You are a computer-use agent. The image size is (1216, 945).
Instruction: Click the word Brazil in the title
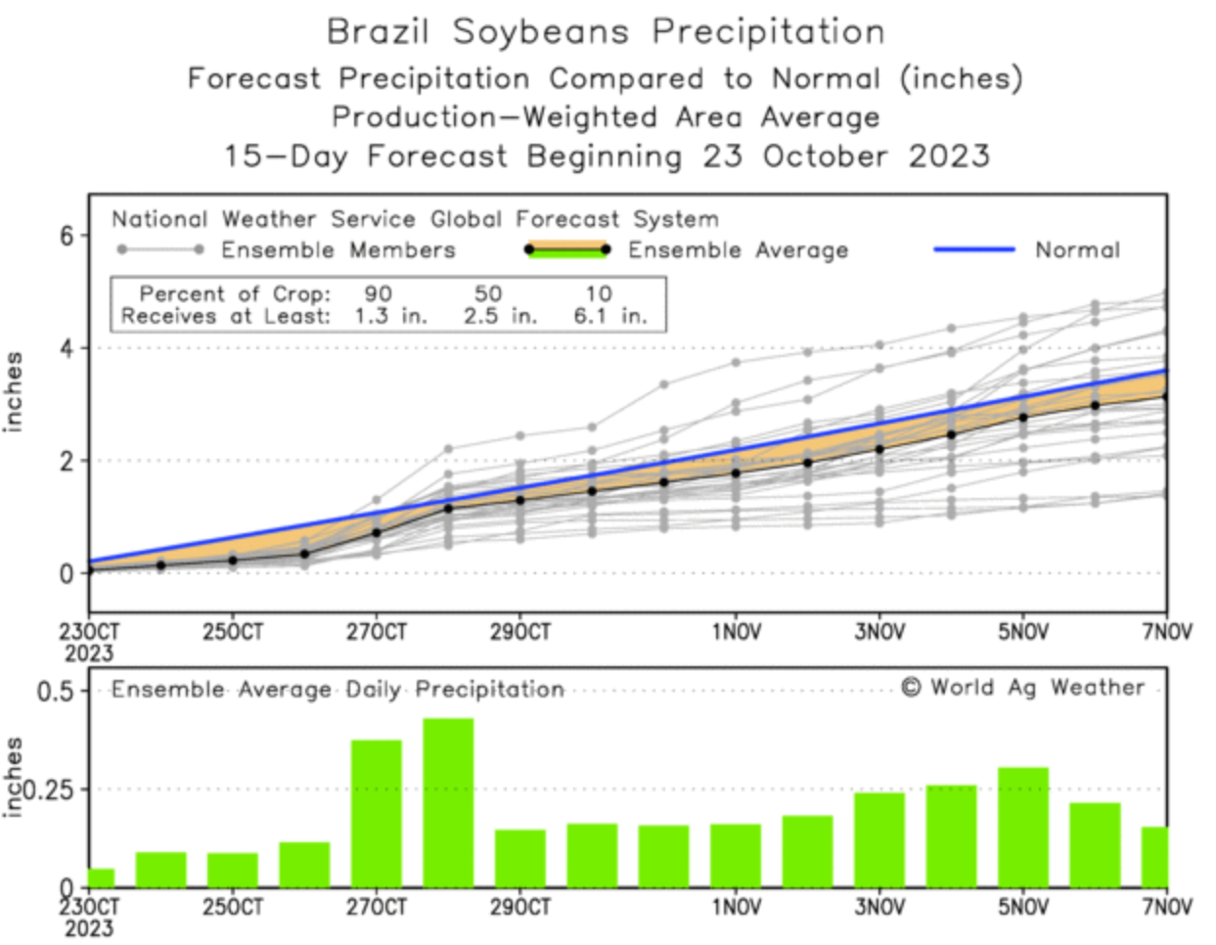[378, 31]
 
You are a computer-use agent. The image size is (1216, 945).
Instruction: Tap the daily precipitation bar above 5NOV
[1022, 827]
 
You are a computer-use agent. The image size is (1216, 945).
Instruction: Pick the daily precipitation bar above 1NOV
[736, 855]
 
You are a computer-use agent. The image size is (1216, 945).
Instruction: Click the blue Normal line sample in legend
[973, 249]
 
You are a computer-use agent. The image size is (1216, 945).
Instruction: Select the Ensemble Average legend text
[738, 250]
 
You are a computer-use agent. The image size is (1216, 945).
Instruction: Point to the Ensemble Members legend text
[338, 250]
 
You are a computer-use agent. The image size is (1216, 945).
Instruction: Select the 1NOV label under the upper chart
[736, 632]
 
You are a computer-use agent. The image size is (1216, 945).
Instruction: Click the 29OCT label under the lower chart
[519, 908]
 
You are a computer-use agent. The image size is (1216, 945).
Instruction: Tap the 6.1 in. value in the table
[610, 316]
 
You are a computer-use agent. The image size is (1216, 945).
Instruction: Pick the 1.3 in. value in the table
[391, 316]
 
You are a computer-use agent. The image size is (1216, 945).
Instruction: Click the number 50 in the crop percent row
[488, 293]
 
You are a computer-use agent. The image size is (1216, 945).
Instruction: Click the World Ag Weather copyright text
[1022, 688]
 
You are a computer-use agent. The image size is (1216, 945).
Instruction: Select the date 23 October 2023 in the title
[846, 156]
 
